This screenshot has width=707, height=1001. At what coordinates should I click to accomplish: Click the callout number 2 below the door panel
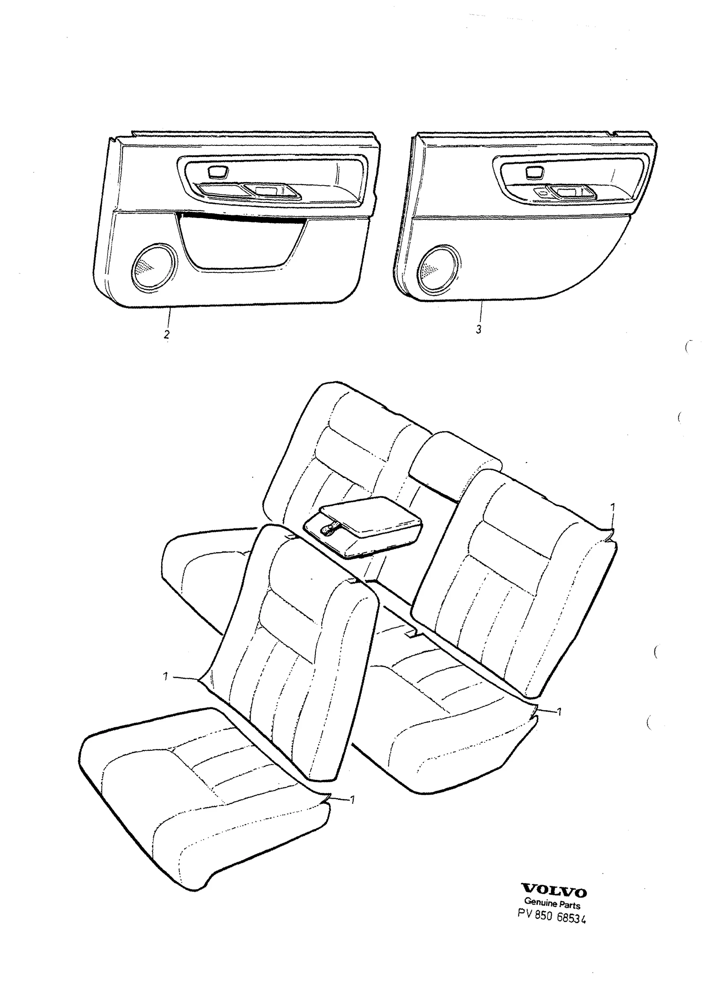[167, 335]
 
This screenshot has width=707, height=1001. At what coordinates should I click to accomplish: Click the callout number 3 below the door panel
[479, 329]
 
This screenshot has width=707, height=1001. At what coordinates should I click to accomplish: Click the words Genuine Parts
[552, 905]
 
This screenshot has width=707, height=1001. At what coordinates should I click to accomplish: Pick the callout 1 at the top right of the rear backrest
[612, 507]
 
